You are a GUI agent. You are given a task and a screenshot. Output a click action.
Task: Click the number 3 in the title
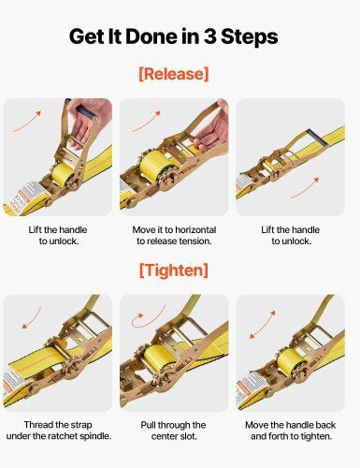coord(210,37)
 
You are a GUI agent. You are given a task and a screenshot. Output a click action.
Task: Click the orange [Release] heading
coord(174,74)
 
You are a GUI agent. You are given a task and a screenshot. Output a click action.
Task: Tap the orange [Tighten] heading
coord(174,270)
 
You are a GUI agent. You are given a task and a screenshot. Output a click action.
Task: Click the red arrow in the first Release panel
coord(27,121)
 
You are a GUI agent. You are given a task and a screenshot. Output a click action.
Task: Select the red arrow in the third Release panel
coord(305,188)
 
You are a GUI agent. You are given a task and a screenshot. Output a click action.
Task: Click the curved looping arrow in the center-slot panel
coord(147,317)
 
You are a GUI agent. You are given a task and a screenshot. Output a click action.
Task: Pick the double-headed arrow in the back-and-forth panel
coord(263,325)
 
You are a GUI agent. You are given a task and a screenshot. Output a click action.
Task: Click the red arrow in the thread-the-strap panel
coord(32,317)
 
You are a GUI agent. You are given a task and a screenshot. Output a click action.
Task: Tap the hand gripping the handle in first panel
coord(90,120)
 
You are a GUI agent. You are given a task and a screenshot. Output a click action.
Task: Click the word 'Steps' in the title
coord(250,37)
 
